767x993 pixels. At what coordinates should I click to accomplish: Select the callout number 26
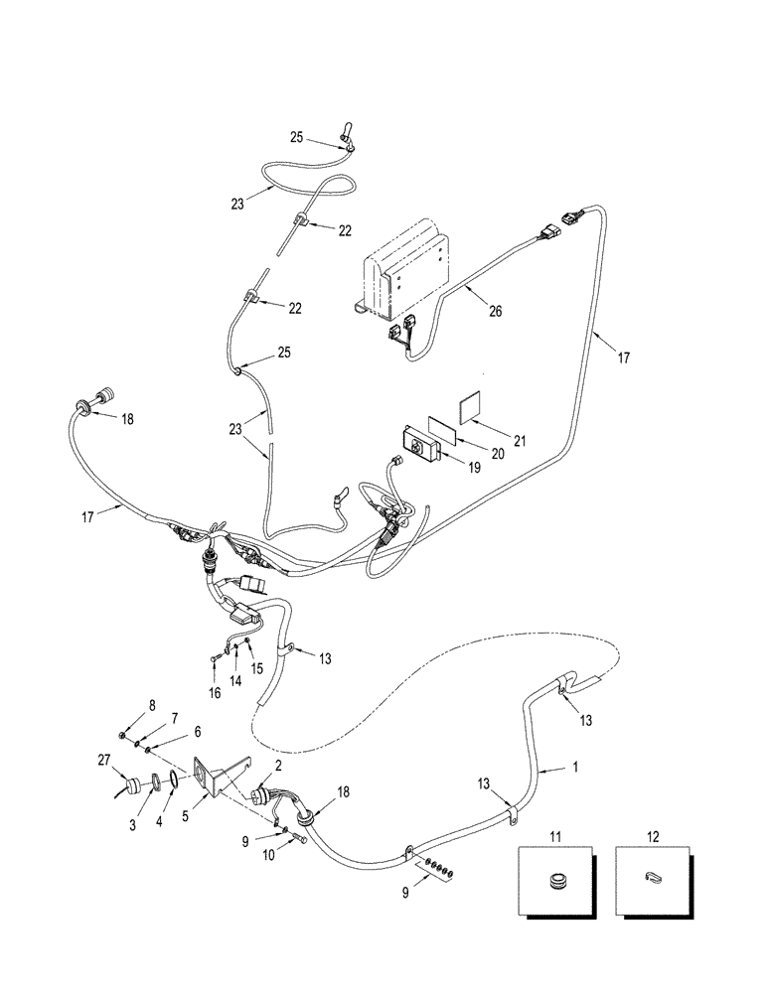tap(495, 311)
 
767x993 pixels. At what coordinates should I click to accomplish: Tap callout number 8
tap(151, 705)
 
